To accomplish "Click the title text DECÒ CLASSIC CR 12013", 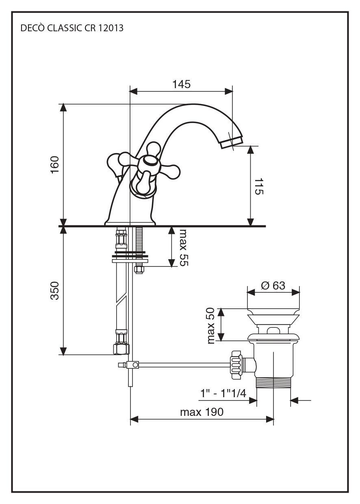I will click(72, 28).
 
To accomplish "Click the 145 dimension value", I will click(181, 84).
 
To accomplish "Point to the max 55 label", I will click(184, 248).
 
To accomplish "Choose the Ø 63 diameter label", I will click(273, 286).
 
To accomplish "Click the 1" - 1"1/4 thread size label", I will click(223, 394).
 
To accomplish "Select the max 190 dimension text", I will click(202, 412).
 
